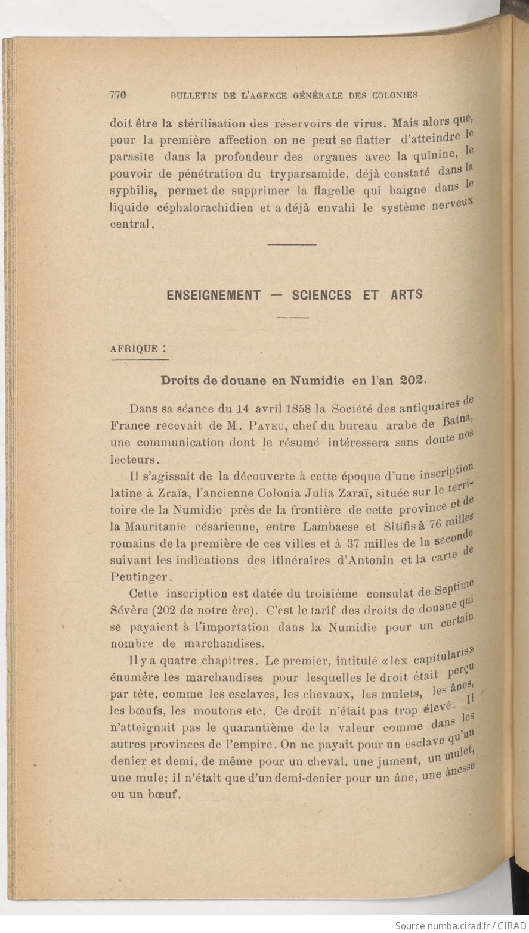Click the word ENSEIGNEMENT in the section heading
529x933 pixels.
[x=214, y=295]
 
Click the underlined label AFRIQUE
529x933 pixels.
[x=135, y=349]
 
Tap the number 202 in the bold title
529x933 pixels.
[x=413, y=380]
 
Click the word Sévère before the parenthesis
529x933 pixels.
[x=129, y=610]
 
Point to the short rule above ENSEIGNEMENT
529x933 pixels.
[x=292, y=244]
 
